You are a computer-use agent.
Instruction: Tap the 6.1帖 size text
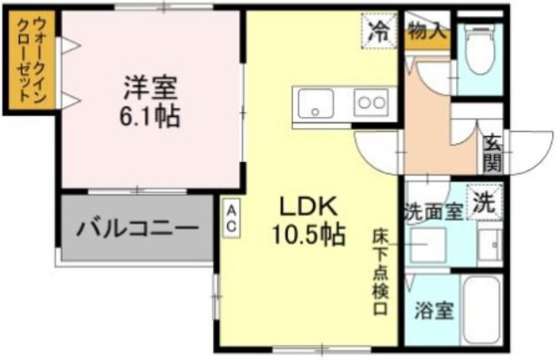click(149, 116)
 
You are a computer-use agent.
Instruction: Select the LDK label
click(309, 207)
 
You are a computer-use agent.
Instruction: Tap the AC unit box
click(231, 216)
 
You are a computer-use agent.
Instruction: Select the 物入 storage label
click(427, 32)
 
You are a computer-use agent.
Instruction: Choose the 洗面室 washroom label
click(433, 212)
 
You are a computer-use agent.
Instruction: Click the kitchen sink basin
click(315, 104)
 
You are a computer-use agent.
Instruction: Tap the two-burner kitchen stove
click(370, 103)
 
